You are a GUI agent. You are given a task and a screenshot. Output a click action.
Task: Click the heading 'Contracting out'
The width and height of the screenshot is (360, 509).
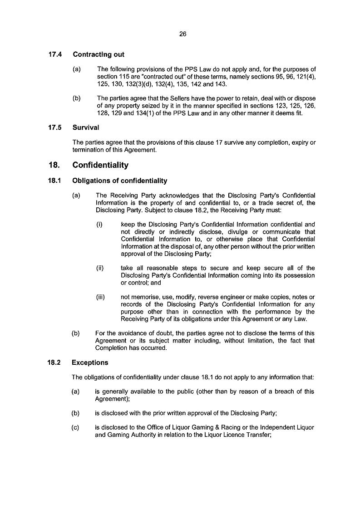(98, 54)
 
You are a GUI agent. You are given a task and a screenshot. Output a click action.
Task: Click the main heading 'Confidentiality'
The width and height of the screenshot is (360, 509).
(100, 165)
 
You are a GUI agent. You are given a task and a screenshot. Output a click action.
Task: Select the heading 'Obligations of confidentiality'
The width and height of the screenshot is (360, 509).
(120, 181)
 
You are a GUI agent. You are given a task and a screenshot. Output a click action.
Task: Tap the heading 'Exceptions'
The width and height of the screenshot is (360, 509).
(90, 362)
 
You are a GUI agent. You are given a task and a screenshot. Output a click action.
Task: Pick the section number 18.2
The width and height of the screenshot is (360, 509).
(55, 362)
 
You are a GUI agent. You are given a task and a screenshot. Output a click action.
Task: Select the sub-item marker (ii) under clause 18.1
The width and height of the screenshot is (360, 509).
(100, 268)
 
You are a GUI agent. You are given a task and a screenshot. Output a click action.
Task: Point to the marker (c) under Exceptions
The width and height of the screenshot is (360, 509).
(76, 427)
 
